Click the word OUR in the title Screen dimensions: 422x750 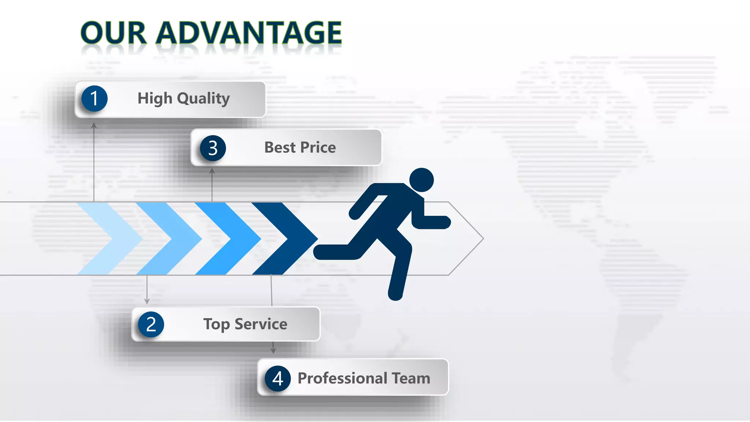[114, 33]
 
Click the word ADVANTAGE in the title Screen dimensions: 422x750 [249, 33]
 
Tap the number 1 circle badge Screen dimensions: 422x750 [94, 99]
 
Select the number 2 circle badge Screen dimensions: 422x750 [151, 325]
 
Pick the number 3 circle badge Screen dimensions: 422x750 [213, 148]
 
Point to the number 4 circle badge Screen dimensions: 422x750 [278, 378]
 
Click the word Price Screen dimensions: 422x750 [318, 148]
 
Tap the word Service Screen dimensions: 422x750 [261, 324]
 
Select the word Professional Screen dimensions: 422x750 [342, 378]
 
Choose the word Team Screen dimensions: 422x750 [411, 378]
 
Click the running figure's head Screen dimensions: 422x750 [422, 180]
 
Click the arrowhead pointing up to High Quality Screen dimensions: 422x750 [94, 126]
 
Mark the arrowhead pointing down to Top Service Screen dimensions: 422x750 [147, 301]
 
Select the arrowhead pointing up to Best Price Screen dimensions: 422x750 [212, 171]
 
